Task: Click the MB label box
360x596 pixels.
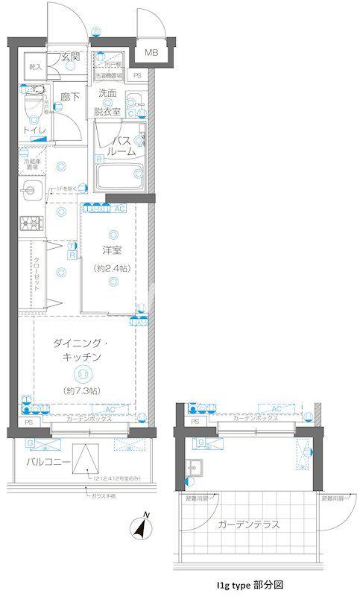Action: (x=151, y=52)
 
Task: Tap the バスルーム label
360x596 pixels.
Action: (x=122, y=145)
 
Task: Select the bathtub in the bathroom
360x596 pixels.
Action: (x=120, y=177)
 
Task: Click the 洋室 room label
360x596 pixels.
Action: (x=113, y=251)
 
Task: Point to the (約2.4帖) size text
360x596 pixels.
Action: (x=113, y=267)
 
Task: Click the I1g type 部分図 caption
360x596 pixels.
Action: (x=253, y=585)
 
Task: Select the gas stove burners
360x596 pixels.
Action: (x=29, y=223)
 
